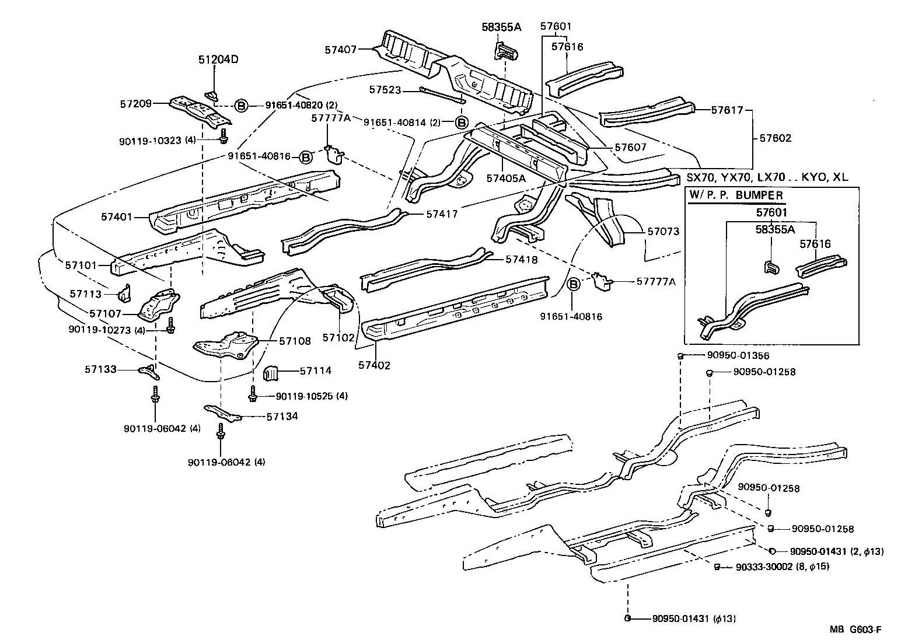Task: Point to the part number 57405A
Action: pos(507,179)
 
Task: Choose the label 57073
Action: pos(663,232)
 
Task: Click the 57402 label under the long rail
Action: pos(374,365)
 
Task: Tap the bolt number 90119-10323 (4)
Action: pos(157,141)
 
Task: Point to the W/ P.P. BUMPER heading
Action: pos(736,195)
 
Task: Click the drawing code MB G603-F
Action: pos(855,630)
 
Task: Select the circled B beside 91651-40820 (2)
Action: pos(241,106)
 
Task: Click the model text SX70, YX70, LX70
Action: pos(742,177)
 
